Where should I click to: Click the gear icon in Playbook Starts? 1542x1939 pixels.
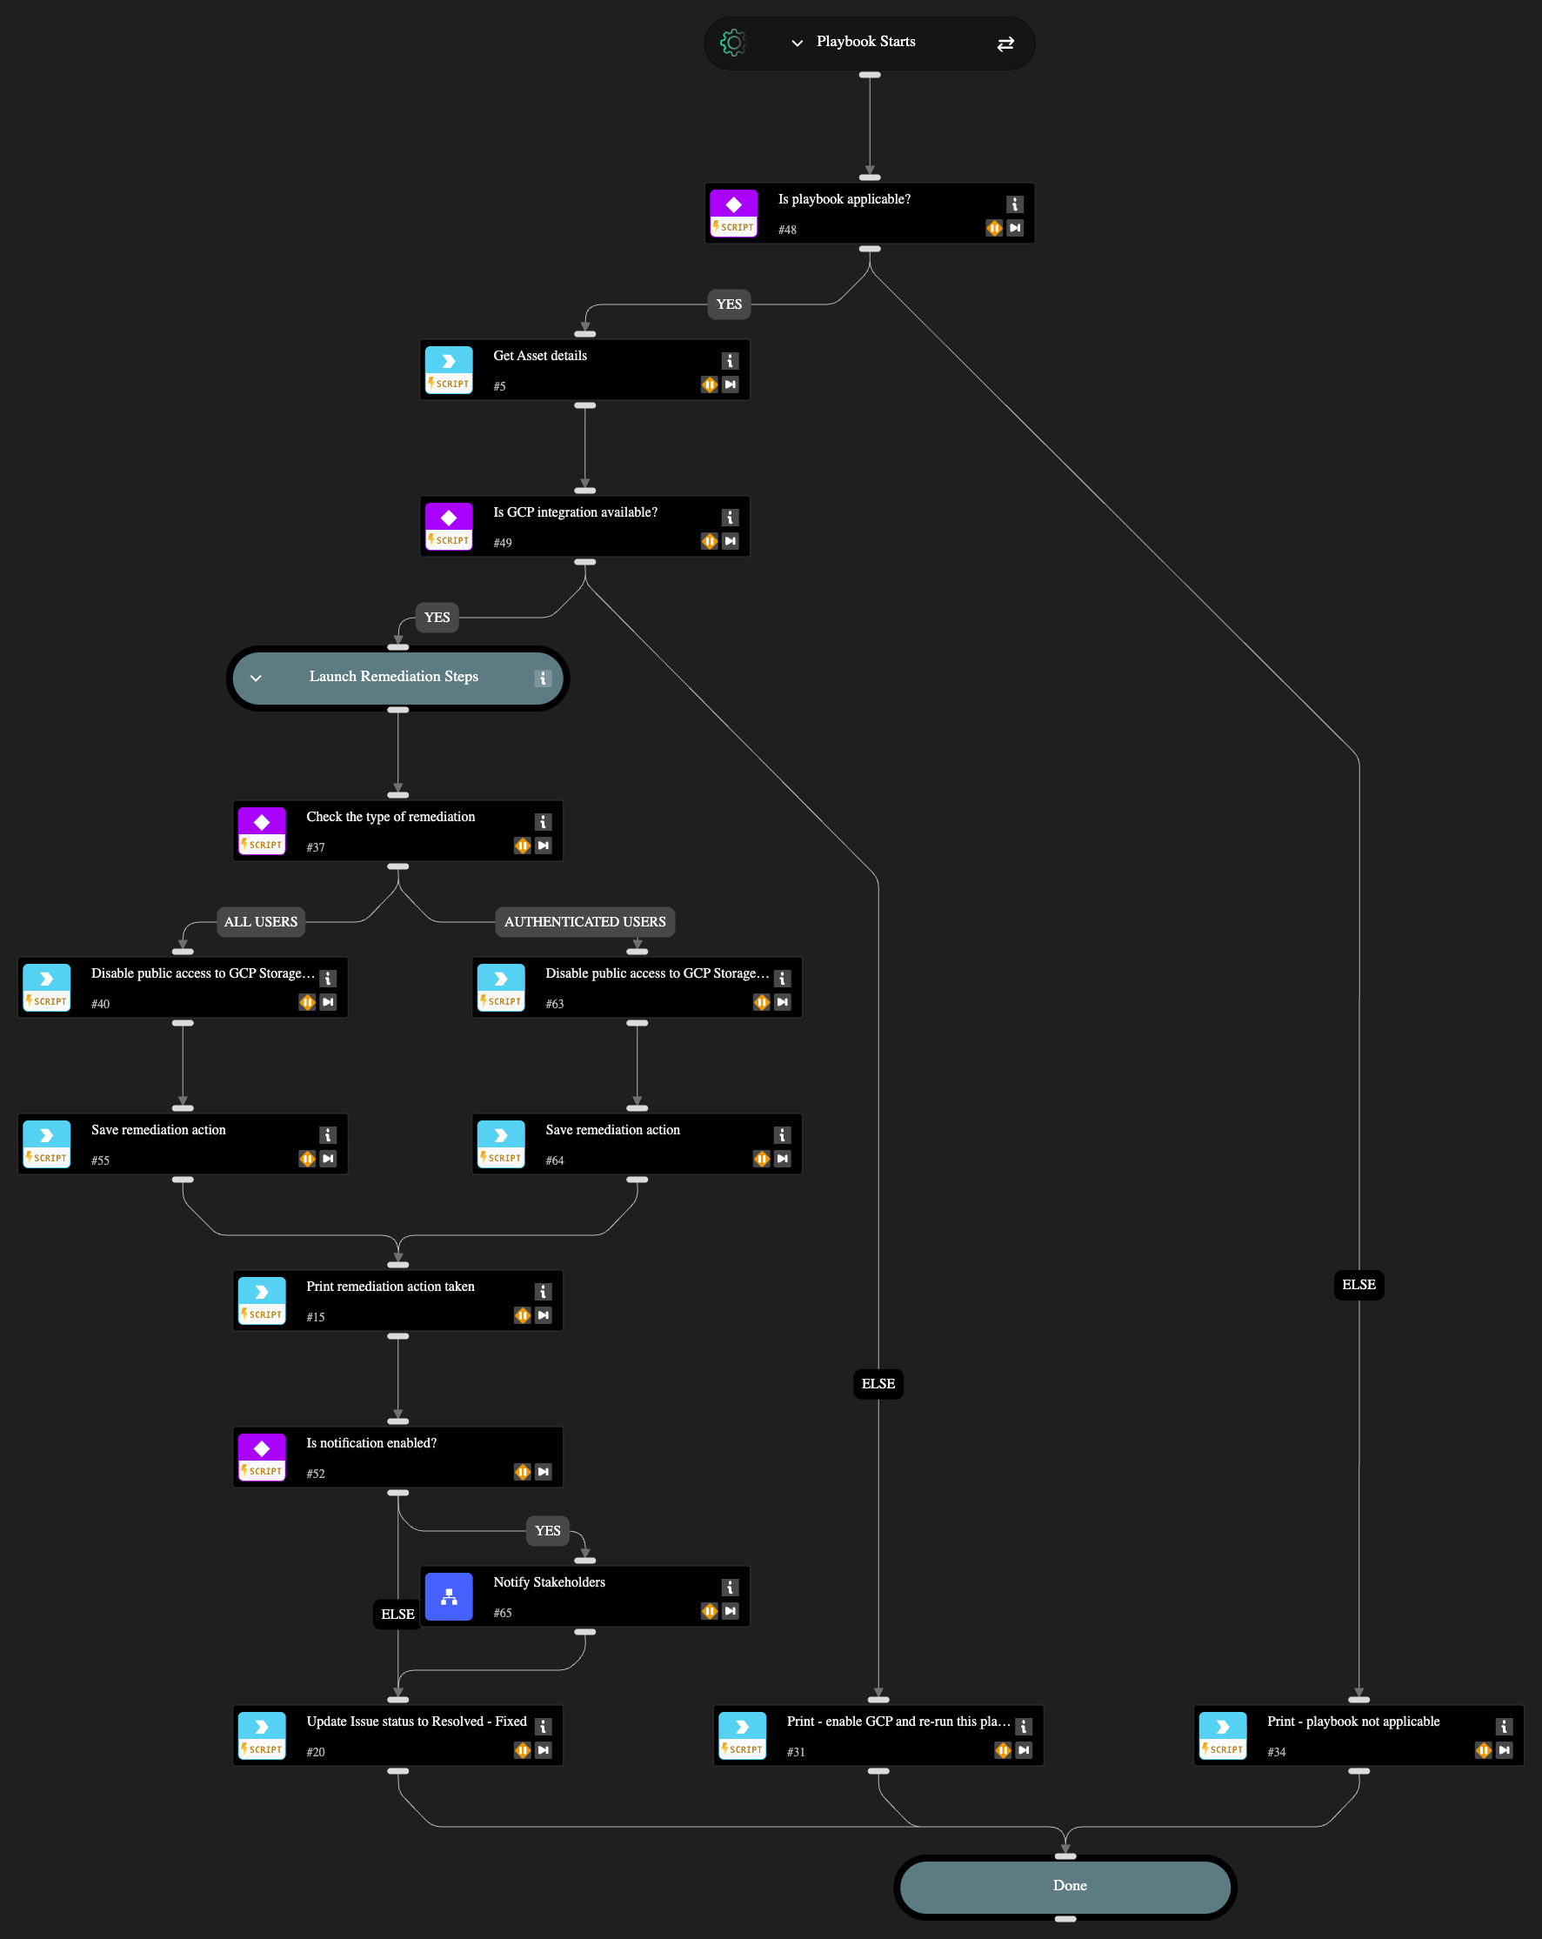pos(733,43)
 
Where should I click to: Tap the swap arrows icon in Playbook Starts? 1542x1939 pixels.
pos(1005,43)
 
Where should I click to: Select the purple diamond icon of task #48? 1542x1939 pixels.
pos(734,205)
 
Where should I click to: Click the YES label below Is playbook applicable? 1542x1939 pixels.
pos(728,304)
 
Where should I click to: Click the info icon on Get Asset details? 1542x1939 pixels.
pos(730,361)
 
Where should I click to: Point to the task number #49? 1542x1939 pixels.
pos(503,542)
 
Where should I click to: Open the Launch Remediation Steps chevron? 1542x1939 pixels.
pos(257,679)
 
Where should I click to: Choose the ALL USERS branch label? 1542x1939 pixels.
pos(261,922)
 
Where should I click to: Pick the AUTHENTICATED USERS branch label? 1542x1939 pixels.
pos(584,922)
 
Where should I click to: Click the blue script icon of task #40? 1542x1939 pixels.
pos(47,979)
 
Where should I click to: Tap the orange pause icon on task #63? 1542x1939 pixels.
pos(762,1002)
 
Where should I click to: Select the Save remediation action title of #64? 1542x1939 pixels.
pos(612,1130)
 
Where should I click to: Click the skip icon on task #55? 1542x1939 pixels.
pos(328,1159)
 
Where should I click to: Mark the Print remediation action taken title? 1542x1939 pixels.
pos(391,1286)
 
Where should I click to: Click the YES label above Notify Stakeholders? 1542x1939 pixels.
pos(548,1531)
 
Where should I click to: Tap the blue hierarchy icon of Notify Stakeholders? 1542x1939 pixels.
pos(449,1596)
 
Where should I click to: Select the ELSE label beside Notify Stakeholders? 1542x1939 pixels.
pos(397,1615)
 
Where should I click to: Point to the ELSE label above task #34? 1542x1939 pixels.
pos(1358,1284)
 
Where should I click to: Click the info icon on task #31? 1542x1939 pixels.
pos(1023,1726)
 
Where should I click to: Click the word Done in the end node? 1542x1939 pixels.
pos(1069,1885)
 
